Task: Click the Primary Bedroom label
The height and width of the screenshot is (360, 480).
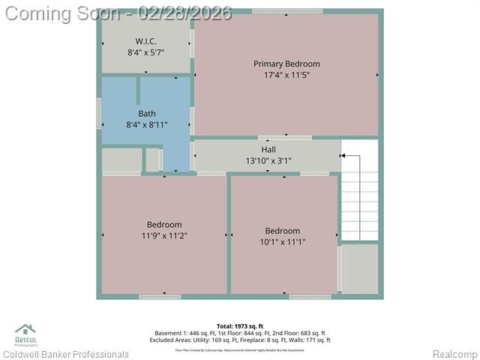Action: coord(286,64)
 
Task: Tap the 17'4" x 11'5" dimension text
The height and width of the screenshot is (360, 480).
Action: coord(286,75)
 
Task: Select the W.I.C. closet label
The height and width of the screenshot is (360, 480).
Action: coord(145,40)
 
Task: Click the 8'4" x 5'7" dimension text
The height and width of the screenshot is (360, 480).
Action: coord(145,52)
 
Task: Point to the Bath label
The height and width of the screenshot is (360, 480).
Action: coord(146,114)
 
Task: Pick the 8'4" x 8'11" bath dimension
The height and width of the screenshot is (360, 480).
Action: coord(146,125)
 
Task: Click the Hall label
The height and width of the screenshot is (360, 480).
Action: coord(268,149)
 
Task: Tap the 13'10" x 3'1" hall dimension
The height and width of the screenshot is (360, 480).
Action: coord(268,160)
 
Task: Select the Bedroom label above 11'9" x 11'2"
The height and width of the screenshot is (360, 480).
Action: coord(163,224)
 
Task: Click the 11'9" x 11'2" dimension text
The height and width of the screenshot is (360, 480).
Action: coord(163,235)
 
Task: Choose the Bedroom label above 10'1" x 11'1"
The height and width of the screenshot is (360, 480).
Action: coord(282,230)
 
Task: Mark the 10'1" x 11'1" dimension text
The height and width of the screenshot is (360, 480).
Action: coord(282,241)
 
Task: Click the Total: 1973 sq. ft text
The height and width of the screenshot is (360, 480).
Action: coord(240,326)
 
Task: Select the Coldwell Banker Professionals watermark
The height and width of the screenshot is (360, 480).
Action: coord(66,354)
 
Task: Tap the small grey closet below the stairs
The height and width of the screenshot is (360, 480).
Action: coord(360,268)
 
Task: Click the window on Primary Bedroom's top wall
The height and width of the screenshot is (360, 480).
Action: coord(287,11)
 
